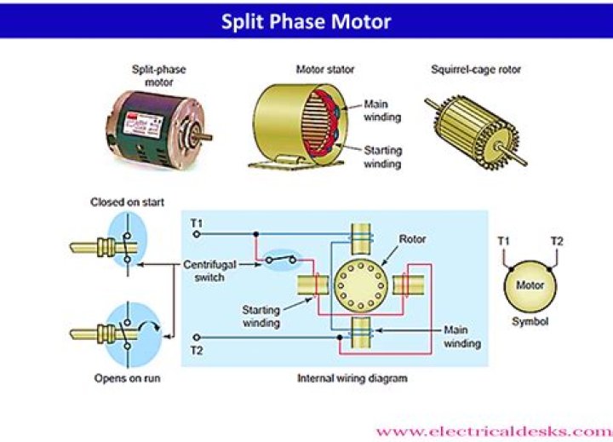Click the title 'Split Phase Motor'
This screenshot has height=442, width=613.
(306, 20)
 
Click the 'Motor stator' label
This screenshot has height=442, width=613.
(324, 69)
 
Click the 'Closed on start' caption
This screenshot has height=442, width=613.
(128, 202)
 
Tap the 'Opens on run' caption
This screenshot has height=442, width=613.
(128, 377)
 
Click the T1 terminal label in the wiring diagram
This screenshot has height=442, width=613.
(197, 223)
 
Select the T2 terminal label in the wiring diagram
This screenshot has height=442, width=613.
(197, 350)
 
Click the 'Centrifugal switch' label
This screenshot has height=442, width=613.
(209, 272)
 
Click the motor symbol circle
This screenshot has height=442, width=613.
(530, 286)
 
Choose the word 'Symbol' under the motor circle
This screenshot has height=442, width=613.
(530, 322)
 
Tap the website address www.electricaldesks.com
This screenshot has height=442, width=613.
(492, 431)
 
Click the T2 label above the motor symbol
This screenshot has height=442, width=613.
(556, 241)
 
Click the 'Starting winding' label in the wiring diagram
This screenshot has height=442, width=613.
(261, 318)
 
